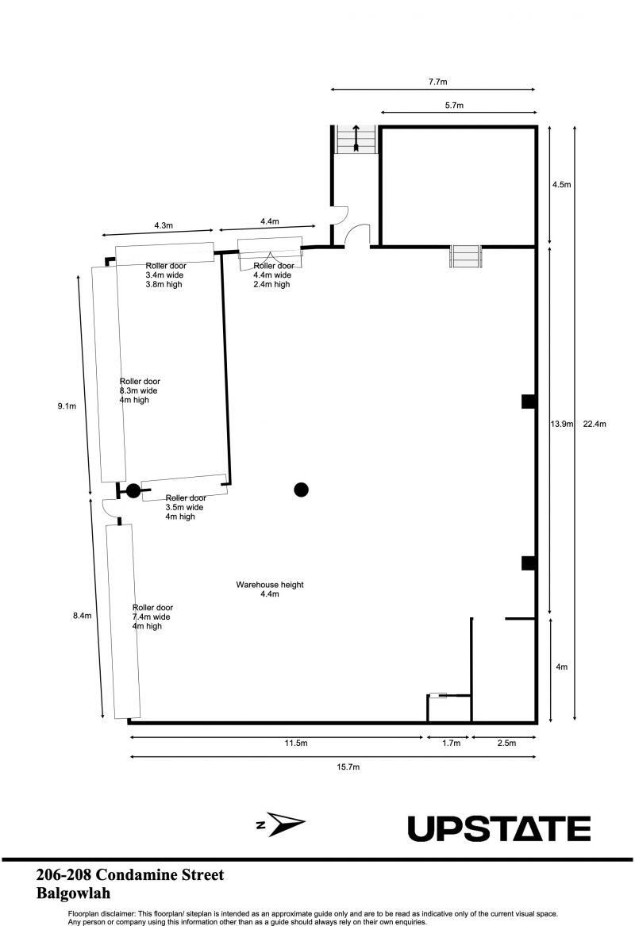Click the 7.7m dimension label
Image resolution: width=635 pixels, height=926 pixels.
click(x=437, y=82)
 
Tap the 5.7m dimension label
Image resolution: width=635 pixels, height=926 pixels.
click(x=454, y=106)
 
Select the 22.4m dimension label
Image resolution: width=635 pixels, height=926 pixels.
click(x=595, y=424)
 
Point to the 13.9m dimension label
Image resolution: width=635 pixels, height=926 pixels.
click(x=561, y=424)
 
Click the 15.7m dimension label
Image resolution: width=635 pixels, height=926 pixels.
click(x=348, y=767)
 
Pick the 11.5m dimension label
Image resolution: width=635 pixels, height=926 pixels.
click(x=296, y=743)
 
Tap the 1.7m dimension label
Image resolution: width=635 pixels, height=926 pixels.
click(x=452, y=743)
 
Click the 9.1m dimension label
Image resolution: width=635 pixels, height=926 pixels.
click(x=67, y=405)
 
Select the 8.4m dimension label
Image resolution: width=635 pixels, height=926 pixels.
click(x=82, y=616)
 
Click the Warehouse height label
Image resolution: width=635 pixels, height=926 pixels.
click(x=270, y=585)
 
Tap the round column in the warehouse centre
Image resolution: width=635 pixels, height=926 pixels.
click(x=302, y=489)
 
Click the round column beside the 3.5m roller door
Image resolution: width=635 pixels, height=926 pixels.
click(x=133, y=490)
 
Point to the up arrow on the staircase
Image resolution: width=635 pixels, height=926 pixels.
click(x=356, y=137)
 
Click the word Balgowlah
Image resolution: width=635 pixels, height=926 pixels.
click(x=73, y=893)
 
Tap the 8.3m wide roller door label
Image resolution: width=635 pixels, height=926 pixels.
click(x=140, y=390)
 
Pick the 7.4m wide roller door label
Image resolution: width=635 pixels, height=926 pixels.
click(x=152, y=617)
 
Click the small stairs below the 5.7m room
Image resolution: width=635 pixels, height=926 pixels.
click(x=465, y=256)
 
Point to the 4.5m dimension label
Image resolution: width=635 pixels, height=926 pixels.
click(x=562, y=184)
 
